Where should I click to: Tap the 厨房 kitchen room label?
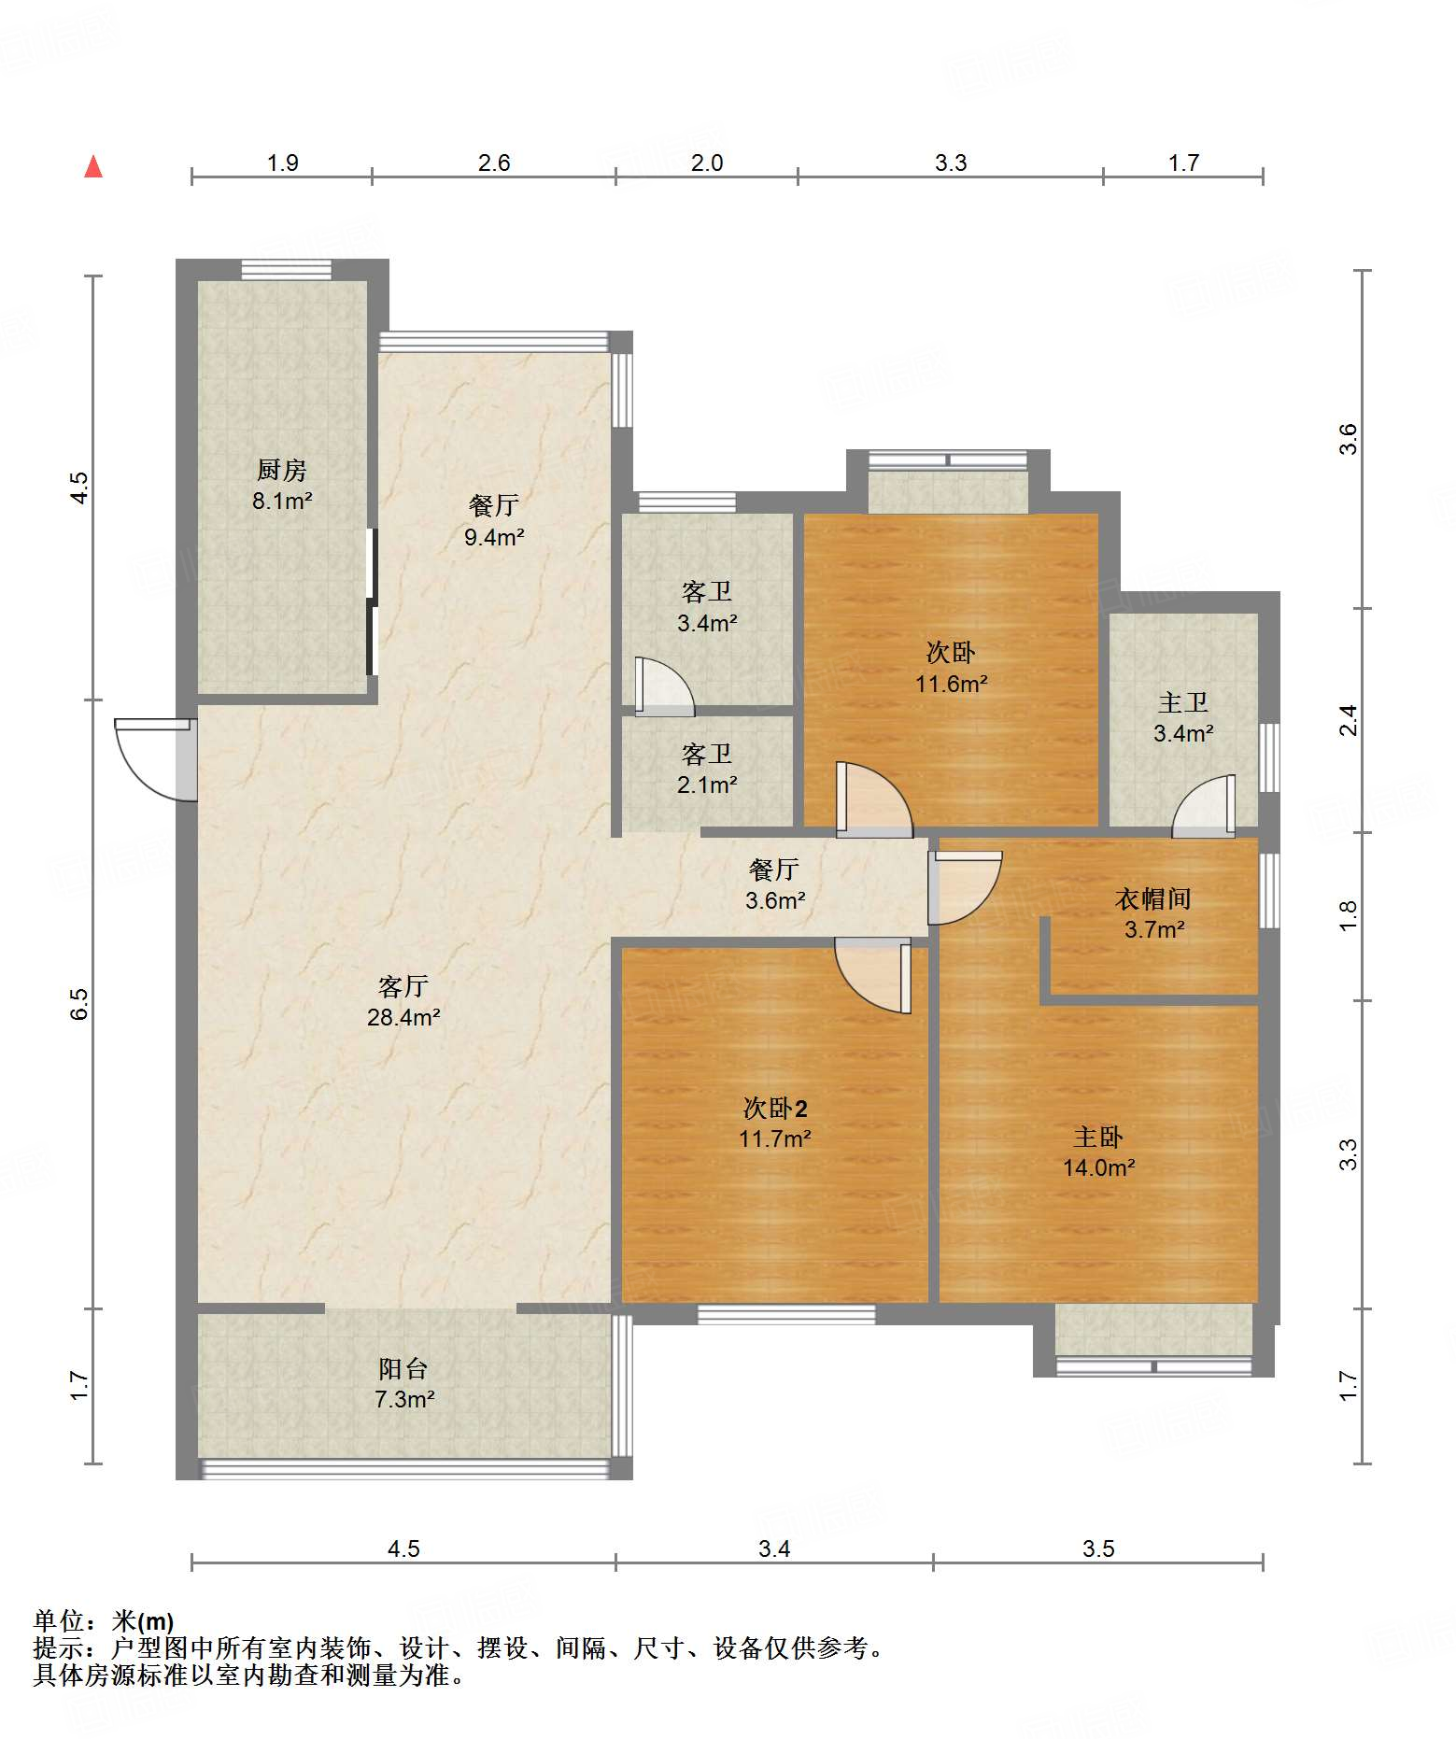click(281, 470)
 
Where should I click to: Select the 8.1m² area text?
click(282, 501)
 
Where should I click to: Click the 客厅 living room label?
click(403, 986)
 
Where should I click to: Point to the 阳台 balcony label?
click(403, 1368)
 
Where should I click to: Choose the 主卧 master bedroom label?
click(1098, 1137)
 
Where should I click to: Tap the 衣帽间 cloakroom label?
click(1153, 898)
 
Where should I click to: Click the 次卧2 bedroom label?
click(775, 1108)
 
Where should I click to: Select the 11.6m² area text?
click(951, 684)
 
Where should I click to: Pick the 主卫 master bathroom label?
click(1183, 702)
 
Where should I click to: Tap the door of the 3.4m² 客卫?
click(665, 686)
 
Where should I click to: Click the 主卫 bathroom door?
click(1203, 805)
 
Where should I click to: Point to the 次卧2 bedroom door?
click(872, 978)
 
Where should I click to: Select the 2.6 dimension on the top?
click(494, 163)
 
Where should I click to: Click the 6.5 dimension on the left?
click(79, 1004)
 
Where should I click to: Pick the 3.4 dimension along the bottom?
click(774, 1549)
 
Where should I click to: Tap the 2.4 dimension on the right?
click(1349, 720)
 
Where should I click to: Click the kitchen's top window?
click(287, 270)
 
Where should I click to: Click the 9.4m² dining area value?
click(494, 537)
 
